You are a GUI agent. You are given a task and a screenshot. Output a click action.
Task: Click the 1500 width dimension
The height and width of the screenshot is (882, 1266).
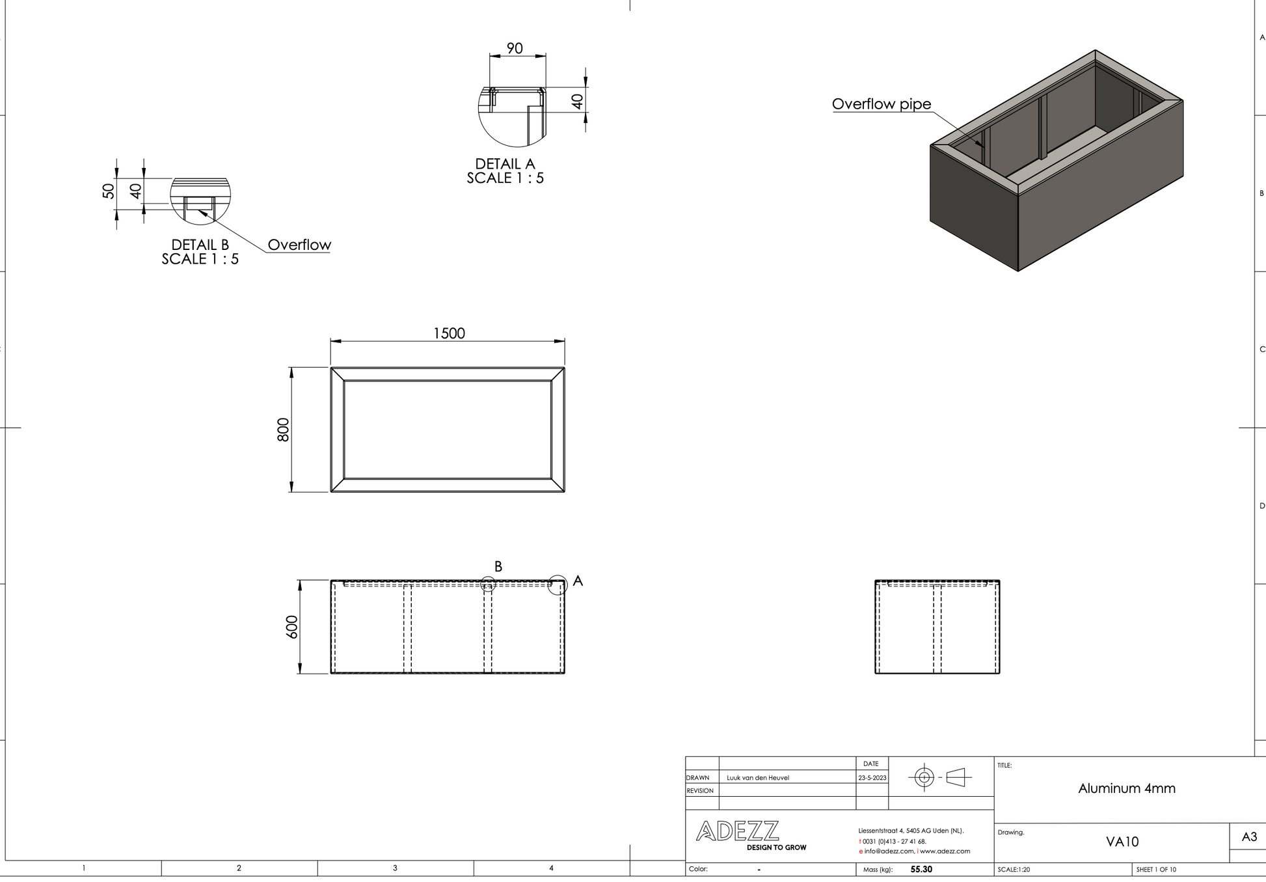(449, 333)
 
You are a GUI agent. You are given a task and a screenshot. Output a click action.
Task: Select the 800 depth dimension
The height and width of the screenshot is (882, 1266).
(283, 430)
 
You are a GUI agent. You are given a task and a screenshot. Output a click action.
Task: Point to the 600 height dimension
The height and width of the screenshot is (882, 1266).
(292, 627)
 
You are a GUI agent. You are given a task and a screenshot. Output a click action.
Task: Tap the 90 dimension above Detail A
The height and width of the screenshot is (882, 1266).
(515, 48)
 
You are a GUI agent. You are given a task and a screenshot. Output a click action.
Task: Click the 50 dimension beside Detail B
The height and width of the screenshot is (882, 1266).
(109, 191)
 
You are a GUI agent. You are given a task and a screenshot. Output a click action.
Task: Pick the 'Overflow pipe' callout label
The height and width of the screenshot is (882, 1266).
(882, 104)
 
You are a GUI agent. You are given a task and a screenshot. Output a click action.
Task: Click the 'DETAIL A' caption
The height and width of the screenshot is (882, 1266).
(505, 164)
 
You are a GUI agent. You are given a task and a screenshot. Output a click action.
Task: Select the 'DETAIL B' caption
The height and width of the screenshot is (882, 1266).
(200, 245)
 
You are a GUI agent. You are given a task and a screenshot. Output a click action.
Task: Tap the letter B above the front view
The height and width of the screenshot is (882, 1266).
(498, 566)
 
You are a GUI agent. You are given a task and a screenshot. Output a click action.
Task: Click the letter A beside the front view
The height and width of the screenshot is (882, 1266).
(578, 581)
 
